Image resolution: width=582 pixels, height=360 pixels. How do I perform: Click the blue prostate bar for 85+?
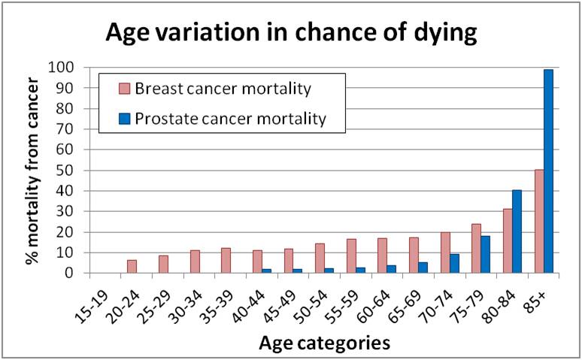[x=548, y=171]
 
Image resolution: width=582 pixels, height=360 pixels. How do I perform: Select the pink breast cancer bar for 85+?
[x=539, y=222]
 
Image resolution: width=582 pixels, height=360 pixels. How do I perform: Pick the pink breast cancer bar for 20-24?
[x=132, y=267]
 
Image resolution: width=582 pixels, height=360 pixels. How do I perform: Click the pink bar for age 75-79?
[x=476, y=249]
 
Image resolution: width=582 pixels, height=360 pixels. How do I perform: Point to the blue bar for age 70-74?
[x=453, y=264]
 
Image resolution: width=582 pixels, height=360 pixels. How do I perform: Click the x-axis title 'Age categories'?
[x=324, y=343]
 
